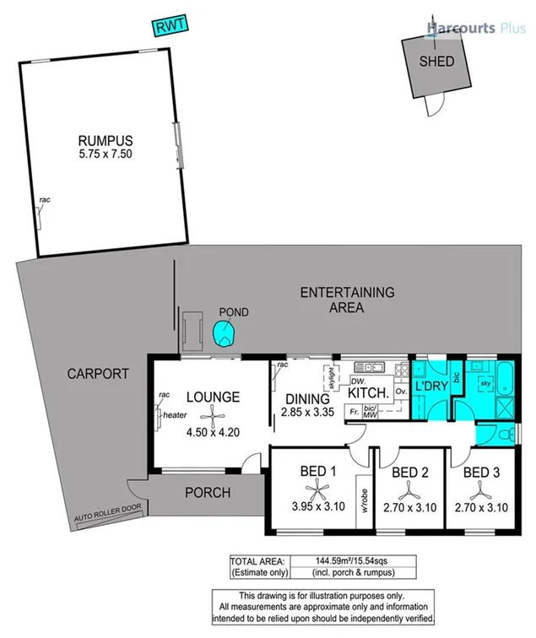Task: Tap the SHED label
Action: coord(436,62)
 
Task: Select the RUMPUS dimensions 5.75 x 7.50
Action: coord(106,154)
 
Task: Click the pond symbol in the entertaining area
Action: coord(225,335)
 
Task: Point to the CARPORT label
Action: coord(98,374)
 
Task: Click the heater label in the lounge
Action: coord(175,414)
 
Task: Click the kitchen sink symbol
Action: coord(370,367)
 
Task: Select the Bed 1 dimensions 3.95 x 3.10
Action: coord(313,506)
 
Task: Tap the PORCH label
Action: coord(208,493)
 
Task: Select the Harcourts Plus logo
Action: coord(477,29)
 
